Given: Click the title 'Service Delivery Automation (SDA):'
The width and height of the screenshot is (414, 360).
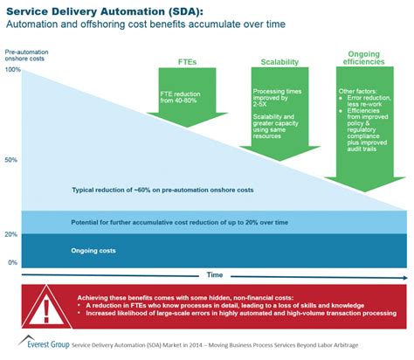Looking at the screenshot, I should (104, 11).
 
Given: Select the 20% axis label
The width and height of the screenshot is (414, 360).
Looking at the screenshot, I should (11, 235).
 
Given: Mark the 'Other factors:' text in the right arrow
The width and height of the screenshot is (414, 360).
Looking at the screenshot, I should (359, 90).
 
